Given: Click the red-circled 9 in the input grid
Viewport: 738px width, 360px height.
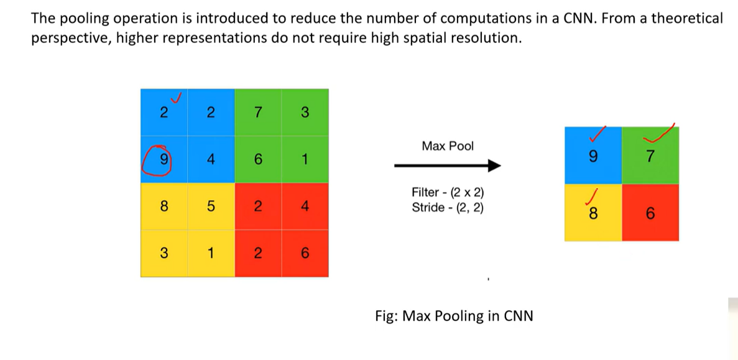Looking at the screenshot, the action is (x=164, y=160).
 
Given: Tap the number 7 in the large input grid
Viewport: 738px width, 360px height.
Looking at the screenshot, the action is (x=257, y=113).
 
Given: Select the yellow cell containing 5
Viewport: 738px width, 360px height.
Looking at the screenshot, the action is (x=211, y=206).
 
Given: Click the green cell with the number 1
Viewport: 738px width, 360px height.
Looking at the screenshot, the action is (x=305, y=160).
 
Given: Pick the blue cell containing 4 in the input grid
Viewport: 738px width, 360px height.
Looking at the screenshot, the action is (x=211, y=160).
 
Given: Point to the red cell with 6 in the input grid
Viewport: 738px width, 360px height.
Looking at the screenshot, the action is (x=305, y=254).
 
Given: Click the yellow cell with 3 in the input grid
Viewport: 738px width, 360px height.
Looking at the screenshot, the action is (x=164, y=254).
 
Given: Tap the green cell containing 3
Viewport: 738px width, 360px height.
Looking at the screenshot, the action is (x=305, y=113).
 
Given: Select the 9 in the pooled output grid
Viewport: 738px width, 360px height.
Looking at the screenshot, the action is (x=593, y=156).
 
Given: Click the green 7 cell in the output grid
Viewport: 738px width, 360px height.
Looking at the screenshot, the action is (x=650, y=156).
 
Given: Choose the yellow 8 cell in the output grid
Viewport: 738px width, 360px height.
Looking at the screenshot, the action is (x=593, y=213).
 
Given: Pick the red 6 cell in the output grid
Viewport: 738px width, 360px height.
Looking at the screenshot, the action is (x=650, y=213).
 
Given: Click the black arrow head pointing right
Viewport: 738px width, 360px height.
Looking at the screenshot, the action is (x=494, y=165).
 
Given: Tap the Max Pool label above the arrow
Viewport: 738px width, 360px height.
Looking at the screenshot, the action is (x=448, y=146).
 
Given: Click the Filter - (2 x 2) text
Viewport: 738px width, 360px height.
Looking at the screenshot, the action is (x=448, y=193).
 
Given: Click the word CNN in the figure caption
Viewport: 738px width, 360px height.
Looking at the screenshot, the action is (x=519, y=315).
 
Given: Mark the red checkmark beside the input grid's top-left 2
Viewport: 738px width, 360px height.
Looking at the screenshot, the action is (x=177, y=98).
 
